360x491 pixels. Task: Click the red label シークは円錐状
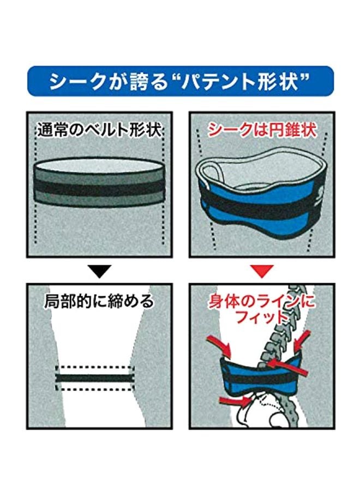(x=262, y=130)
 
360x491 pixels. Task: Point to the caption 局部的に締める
(x=99, y=301)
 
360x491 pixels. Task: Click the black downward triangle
(x=99, y=271)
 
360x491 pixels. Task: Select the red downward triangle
(x=262, y=271)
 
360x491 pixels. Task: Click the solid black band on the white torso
(x=95, y=378)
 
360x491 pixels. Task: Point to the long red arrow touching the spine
(x=286, y=367)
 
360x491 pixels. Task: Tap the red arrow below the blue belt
(x=235, y=400)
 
